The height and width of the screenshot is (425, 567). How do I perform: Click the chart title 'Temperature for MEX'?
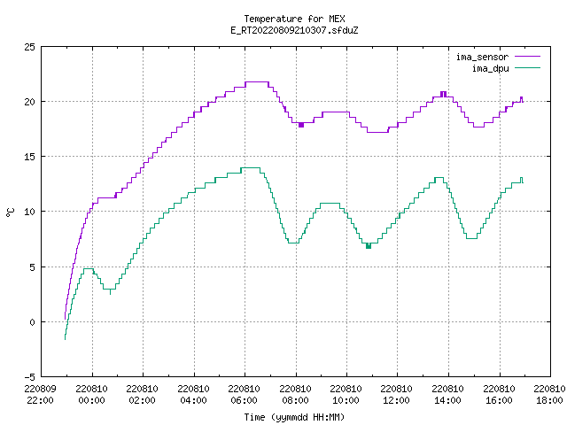click(x=294, y=19)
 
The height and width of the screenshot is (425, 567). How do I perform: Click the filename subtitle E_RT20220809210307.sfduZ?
click(x=294, y=30)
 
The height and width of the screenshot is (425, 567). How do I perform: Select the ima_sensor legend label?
click(x=482, y=57)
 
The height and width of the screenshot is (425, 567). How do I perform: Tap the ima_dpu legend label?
click(x=490, y=68)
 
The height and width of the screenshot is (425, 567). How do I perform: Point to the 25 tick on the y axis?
click(x=29, y=47)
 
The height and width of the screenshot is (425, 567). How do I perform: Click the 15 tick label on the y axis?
click(x=29, y=157)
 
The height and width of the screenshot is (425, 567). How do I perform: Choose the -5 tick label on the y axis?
click(x=29, y=377)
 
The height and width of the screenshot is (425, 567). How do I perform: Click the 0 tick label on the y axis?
click(x=32, y=322)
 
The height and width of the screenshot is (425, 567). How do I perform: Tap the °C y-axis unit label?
click(x=11, y=212)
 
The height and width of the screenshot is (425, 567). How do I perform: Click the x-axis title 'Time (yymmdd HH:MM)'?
click(x=294, y=417)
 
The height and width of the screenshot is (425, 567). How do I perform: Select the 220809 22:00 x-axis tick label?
click(x=40, y=395)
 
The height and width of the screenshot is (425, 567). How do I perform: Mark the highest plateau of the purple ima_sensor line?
click(x=257, y=82)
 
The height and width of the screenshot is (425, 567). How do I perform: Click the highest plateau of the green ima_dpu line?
click(x=251, y=167)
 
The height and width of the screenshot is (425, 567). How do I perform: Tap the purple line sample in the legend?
click(x=528, y=57)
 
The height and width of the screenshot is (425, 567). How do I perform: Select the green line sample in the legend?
click(x=528, y=67)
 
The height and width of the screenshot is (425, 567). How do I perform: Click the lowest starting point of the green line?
click(x=65, y=339)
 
